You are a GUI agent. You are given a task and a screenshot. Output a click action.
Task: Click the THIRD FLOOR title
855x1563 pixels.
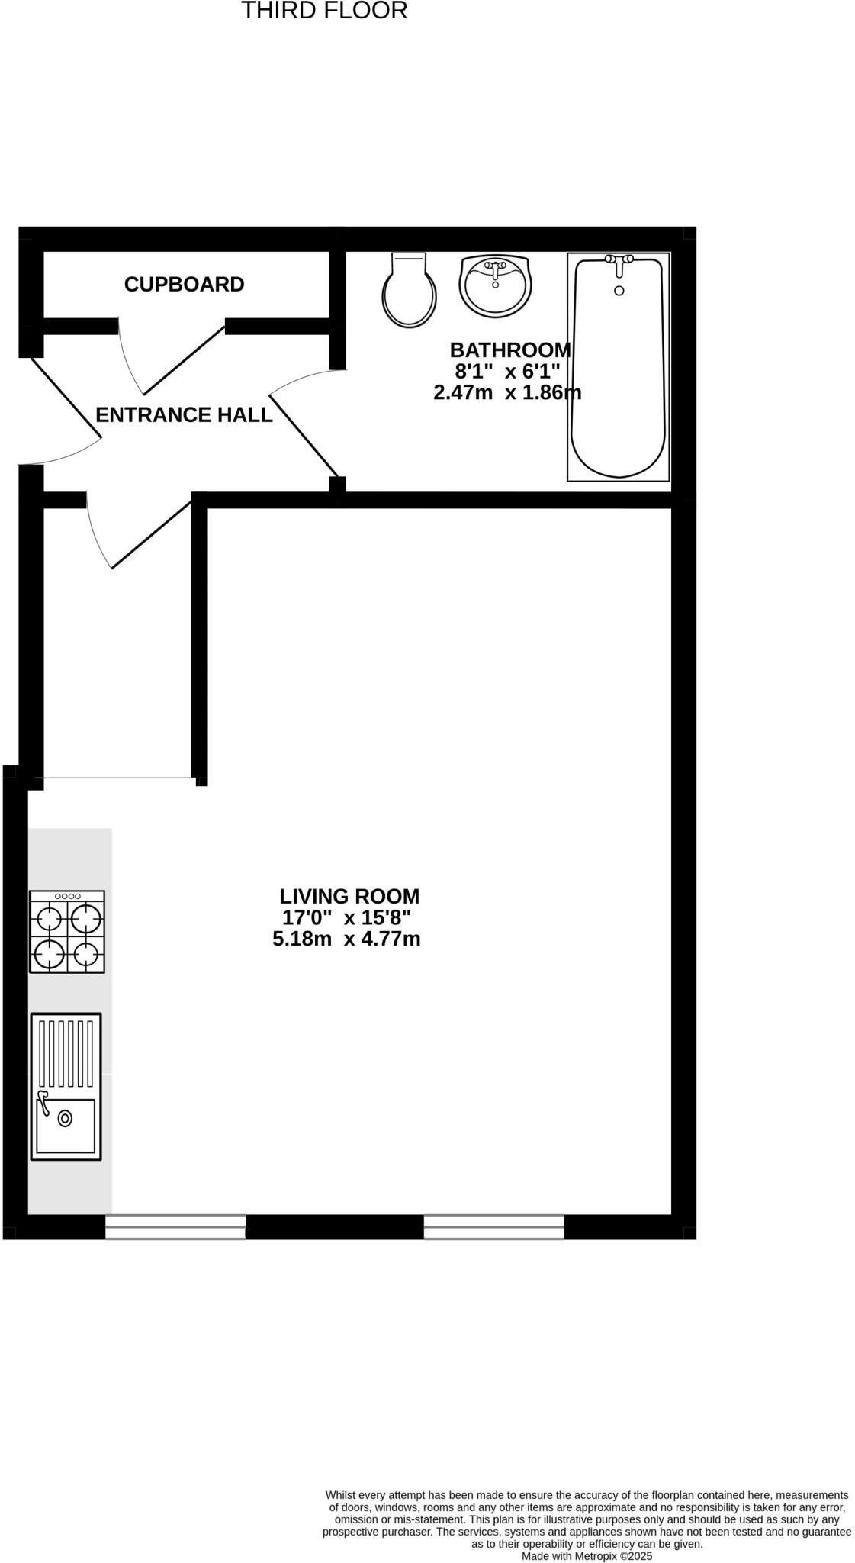324,11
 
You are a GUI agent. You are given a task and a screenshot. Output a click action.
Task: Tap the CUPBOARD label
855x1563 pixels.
184,285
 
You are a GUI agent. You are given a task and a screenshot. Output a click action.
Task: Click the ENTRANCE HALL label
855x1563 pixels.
184,414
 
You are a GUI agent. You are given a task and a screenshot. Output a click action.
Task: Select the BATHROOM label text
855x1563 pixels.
509,350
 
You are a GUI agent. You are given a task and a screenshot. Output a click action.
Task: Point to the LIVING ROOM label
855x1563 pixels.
349,896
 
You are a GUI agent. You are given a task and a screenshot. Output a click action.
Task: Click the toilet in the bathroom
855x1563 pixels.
410,291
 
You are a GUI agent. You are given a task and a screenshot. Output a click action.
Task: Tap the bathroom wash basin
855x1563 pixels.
495,285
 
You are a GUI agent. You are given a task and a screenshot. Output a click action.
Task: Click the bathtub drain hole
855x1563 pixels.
619,290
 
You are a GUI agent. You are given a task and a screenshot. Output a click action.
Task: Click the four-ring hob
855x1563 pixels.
67,932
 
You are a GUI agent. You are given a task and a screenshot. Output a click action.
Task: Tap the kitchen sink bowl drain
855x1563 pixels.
65,1119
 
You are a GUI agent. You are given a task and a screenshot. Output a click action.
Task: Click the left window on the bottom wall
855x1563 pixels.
175,1226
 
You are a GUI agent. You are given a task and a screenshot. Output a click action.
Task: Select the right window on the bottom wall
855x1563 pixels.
493,1226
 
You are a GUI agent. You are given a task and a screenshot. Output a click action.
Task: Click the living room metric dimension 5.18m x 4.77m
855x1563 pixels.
346,939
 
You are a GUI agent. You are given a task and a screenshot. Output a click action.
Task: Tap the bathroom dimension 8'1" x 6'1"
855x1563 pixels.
507,372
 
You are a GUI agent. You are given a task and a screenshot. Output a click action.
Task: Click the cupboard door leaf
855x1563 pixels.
184,360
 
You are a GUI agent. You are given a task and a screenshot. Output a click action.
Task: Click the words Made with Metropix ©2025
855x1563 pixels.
587,1555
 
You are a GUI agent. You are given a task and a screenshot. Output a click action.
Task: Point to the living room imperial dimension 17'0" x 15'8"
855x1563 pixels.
346,917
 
